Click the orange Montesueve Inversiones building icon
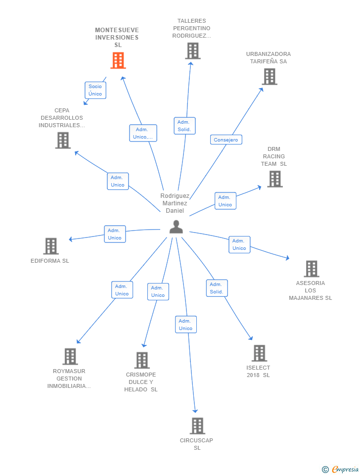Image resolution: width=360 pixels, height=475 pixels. click(118, 60)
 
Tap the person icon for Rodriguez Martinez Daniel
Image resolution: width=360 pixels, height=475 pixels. click(176, 227)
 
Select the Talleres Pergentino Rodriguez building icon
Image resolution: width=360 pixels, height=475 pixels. click(192, 50)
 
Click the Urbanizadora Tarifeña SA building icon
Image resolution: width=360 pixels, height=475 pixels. click(269, 77)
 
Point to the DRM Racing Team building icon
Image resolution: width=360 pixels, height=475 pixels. click(274, 179)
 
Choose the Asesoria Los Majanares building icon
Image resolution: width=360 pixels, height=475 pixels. click(311, 269)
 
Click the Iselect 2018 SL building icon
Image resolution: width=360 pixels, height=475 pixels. click(259, 353)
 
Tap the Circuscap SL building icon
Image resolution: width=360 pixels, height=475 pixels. click(197, 426)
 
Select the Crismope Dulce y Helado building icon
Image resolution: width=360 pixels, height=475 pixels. click(142, 360)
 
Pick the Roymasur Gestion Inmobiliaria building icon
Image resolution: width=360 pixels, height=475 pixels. click(70, 356)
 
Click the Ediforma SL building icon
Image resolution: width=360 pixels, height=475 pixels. click(50, 246)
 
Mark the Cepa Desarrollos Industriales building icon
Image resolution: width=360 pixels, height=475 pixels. click(63, 141)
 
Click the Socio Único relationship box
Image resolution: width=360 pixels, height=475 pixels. click(95, 90)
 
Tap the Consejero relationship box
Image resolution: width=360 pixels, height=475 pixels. click(226, 140)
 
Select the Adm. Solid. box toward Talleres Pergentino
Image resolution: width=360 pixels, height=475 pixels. click(184, 126)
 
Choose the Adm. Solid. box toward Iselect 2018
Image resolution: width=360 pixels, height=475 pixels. click(217, 288)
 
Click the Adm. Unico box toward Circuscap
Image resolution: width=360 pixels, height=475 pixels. click(185, 325)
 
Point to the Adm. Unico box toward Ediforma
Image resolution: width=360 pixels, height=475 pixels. click(115, 234)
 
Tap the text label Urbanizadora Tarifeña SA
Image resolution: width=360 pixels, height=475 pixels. click(269, 58)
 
